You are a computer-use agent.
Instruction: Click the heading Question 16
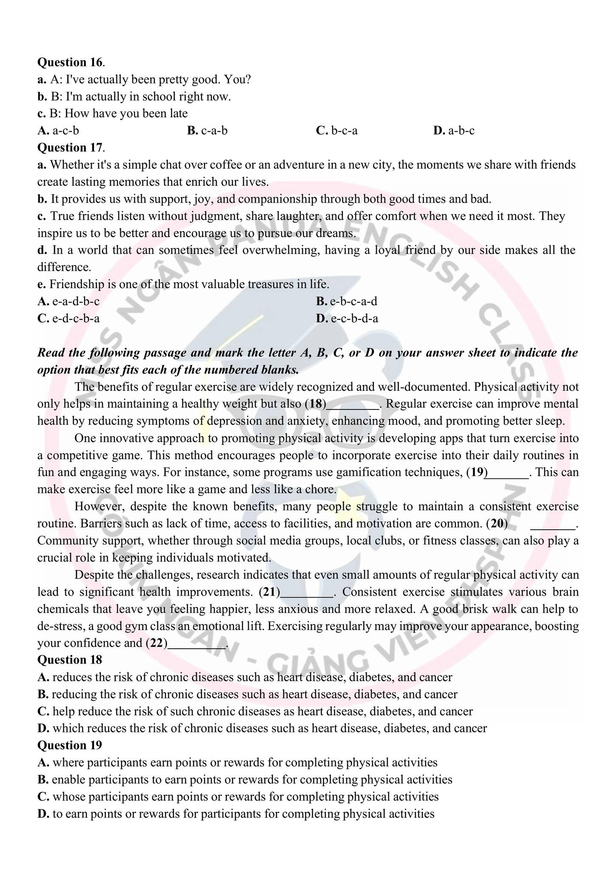[x=70, y=62]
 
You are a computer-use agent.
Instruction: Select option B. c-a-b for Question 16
[x=207, y=130]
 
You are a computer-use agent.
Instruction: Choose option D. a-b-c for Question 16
[x=453, y=130]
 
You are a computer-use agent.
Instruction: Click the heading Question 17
[x=70, y=147]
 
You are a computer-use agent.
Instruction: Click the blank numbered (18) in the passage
[x=352, y=404]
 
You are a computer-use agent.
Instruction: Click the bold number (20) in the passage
[x=497, y=523]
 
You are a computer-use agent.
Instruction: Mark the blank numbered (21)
[x=307, y=592]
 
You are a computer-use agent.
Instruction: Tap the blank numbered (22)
[x=197, y=644]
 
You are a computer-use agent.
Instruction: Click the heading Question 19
[x=70, y=745]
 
